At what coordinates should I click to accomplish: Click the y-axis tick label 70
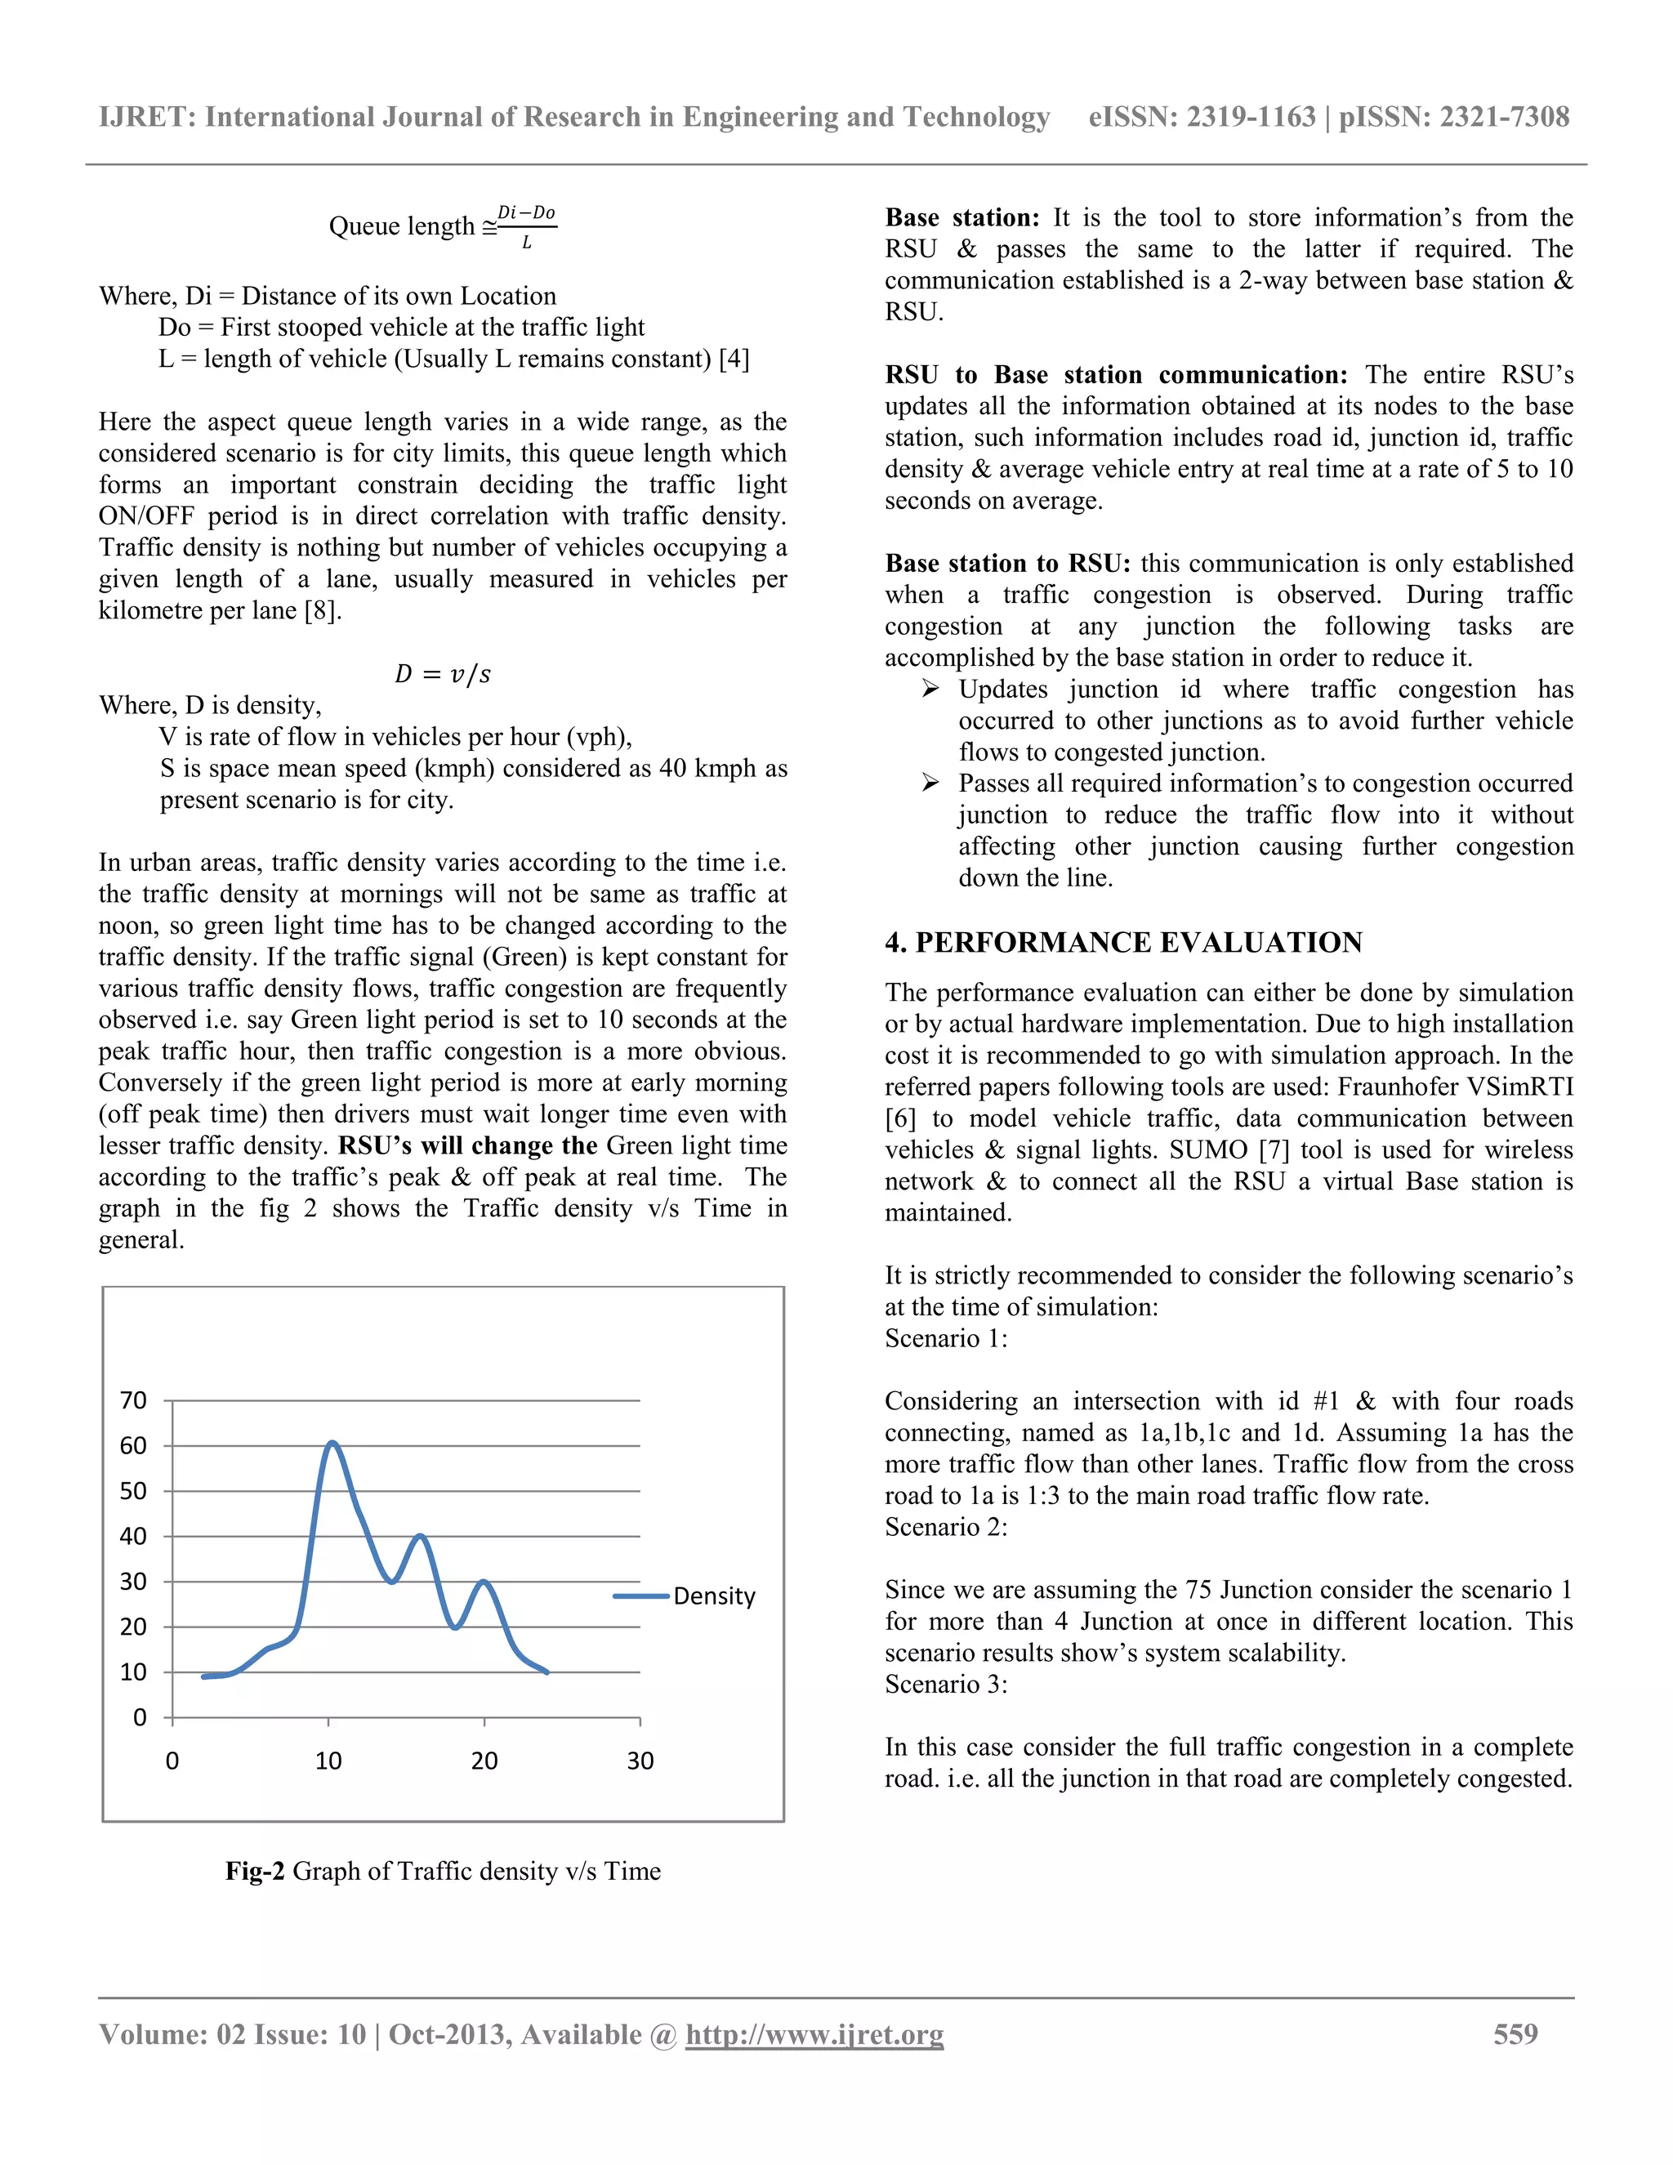coord(133,1400)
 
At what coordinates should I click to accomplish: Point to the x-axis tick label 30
coord(640,1761)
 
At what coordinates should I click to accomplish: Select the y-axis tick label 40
coord(133,1537)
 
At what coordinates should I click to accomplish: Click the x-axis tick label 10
coord(328,1761)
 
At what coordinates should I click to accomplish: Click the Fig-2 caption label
coord(255,1871)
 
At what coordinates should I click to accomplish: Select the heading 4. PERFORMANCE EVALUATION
coord(1123,942)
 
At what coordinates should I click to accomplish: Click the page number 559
coord(1515,2034)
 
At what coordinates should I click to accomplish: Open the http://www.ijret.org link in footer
coord(814,2034)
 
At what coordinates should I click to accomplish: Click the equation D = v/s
coord(442,674)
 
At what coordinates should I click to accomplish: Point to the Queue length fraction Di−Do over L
coord(526,227)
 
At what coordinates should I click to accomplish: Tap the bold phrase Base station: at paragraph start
coord(961,217)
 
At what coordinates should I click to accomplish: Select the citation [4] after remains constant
coord(734,358)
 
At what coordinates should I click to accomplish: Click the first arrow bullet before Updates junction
coord(930,689)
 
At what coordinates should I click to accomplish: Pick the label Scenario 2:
coord(945,1527)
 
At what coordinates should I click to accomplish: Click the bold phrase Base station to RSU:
coord(1007,563)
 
